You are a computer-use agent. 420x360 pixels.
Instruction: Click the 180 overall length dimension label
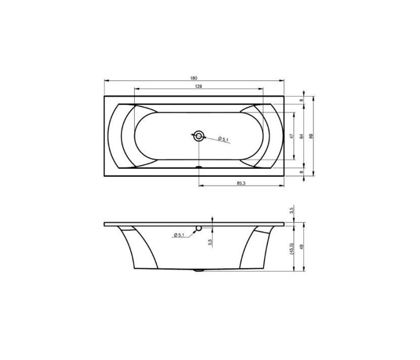coord(194,78)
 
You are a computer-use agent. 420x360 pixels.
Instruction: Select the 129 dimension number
coord(198,86)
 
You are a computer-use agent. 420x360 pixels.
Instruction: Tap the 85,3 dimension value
coord(241,183)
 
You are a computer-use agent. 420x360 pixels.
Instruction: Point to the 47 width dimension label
coord(292,136)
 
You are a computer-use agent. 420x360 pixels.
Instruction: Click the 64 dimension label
coord(302,136)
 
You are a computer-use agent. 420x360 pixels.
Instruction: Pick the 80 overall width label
coord(311,136)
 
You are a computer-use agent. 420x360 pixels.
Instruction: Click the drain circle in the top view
coord(199,136)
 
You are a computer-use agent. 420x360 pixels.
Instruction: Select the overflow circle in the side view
coord(199,228)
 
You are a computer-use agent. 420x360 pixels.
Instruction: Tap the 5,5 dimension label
coord(210,242)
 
